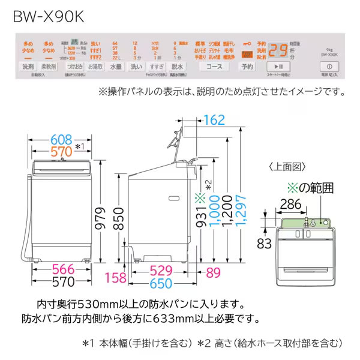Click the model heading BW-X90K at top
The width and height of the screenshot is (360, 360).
point(47,15)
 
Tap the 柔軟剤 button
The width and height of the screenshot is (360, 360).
point(52,67)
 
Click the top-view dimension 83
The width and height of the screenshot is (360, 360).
point(262,242)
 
